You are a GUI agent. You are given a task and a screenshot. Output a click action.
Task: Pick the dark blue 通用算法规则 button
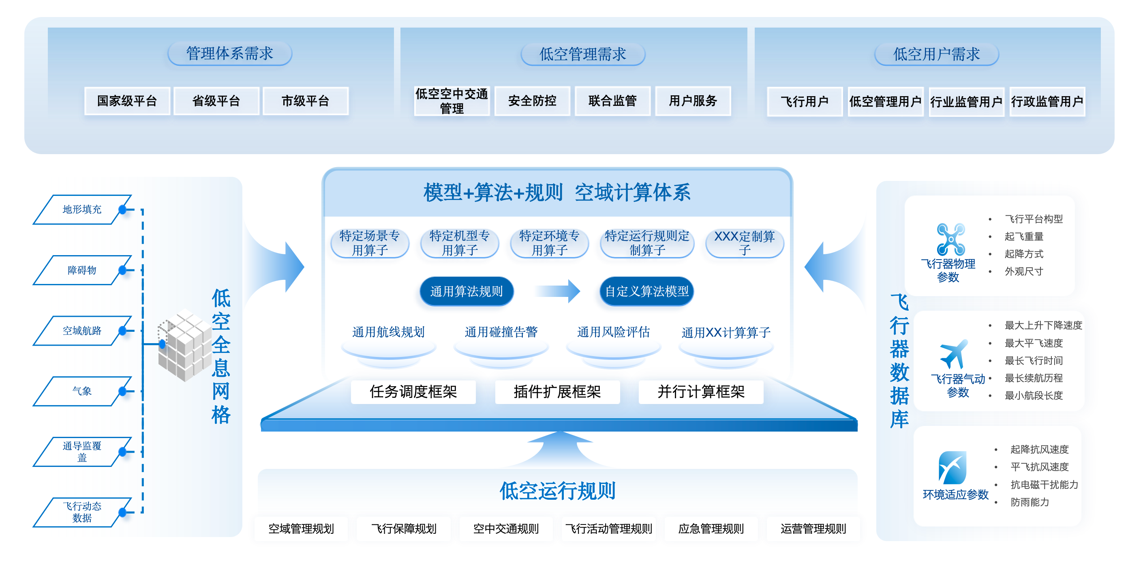467,291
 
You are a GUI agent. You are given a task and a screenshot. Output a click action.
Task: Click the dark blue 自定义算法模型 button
646,291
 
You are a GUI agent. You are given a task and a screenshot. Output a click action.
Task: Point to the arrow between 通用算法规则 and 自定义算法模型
558,291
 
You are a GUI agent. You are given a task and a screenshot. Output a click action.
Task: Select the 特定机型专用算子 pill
459,243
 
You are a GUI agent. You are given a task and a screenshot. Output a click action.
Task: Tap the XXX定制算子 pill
744,243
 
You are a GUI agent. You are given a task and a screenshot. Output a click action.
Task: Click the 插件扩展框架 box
557,391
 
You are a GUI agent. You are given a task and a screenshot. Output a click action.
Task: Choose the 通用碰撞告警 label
501,332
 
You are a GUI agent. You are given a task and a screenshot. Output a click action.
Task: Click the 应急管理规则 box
711,529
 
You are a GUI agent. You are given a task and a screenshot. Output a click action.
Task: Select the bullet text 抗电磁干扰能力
1044,484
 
